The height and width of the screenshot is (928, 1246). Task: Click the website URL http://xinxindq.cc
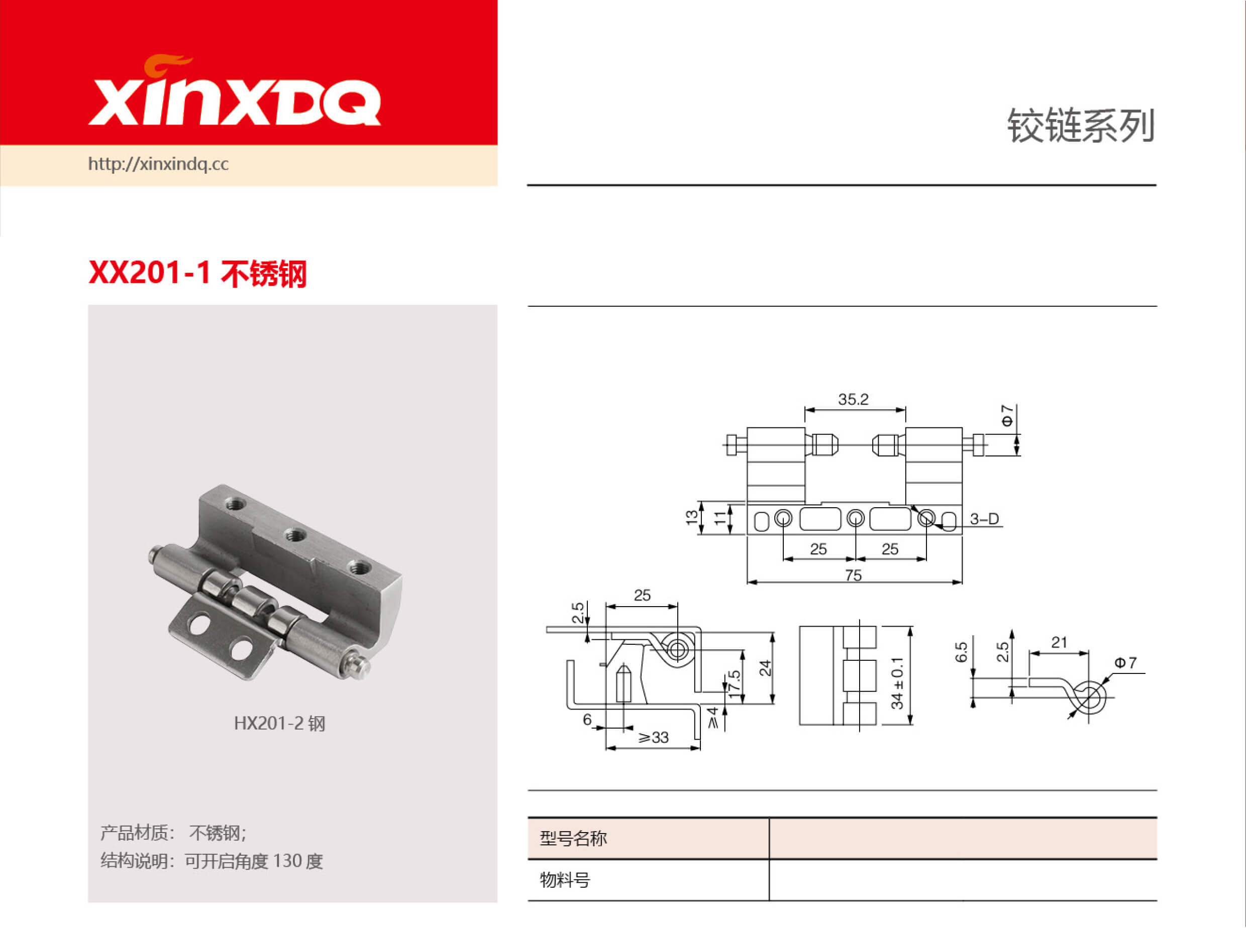pyautogui.click(x=158, y=164)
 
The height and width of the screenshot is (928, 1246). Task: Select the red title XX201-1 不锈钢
pyautogui.click(x=197, y=274)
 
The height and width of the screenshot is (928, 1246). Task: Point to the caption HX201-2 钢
pyautogui.click(x=279, y=723)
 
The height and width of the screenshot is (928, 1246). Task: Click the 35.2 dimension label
pyautogui.click(x=853, y=399)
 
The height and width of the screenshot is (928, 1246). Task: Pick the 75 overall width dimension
pyautogui.click(x=853, y=575)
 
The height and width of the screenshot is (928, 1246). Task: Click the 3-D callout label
pyautogui.click(x=984, y=519)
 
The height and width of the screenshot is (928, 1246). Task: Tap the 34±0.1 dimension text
pyautogui.click(x=897, y=682)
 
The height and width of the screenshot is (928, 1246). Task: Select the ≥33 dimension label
pyautogui.click(x=653, y=738)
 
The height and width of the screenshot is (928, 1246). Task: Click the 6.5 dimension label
pyautogui.click(x=961, y=652)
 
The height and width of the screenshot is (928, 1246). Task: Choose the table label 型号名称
pyautogui.click(x=573, y=838)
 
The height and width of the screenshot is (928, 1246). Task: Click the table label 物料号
pyautogui.click(x=565, y=880)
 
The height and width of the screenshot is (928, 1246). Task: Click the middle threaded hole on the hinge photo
pyautogui.click(x=294, y=534)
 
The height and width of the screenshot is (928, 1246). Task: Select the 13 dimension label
pyautogui.click(x=691, y=517)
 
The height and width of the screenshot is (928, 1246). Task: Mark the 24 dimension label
pyautogui.click(x=765, y=668)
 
